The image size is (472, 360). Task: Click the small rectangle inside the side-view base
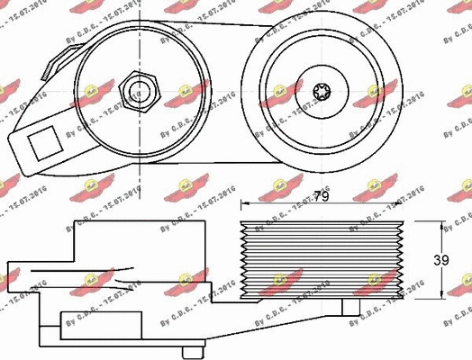[x=104, y=322]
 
